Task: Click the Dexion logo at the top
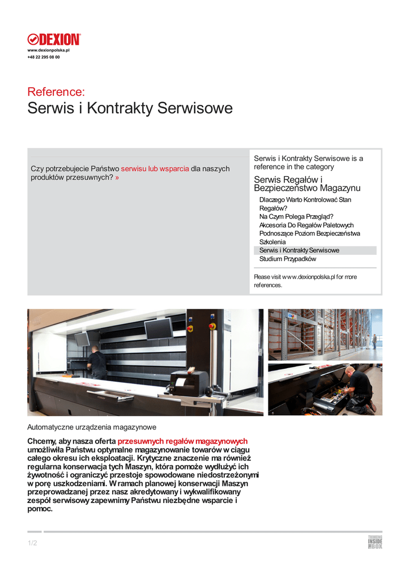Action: [54, 39]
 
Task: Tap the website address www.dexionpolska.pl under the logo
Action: [48, 51]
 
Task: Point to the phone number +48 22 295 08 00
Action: [44, 57]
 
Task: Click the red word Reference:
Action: [56, 92]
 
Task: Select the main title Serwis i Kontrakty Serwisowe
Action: [130, 108]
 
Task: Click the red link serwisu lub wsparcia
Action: [155, 169]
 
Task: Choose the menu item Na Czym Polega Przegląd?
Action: [296, 216]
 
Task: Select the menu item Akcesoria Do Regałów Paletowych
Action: [306, 225]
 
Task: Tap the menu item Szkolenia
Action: [272, 242]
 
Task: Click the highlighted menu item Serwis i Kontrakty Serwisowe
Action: [299, 250]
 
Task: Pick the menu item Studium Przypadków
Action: [288, 259]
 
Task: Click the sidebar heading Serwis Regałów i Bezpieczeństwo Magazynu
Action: [307, 184]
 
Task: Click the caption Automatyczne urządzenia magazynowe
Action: [92, 427]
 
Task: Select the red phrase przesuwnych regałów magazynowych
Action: [182, 441]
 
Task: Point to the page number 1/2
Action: [32, 544]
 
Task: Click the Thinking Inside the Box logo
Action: [375, 542]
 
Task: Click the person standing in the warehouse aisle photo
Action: [374, 341]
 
